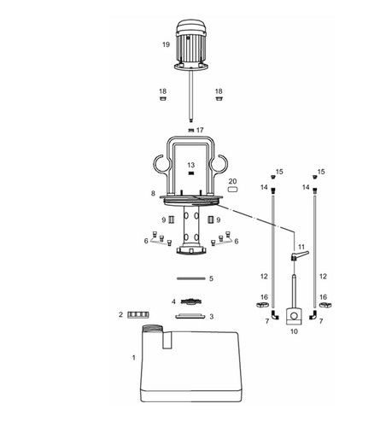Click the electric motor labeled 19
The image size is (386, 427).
click(191, 45)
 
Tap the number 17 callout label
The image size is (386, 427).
click(200, 130)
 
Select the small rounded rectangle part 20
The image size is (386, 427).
click(232, 189)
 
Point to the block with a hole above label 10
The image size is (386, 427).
click(294, 316)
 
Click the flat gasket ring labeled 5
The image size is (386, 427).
click(191, 278)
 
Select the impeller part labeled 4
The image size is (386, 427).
click(191, 301)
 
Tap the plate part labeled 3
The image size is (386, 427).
click(190, 316)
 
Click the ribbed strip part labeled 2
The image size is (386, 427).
click(138, 314)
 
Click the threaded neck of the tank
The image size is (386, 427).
click(152, 328)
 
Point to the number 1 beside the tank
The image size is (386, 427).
click(134, 358)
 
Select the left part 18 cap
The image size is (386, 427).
click(162, 98)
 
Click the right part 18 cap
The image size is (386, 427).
click(219, 98)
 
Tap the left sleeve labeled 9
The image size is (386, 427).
click(172, 220)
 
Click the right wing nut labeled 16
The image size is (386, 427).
click(326, 305)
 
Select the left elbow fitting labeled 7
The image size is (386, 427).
click(275, 315)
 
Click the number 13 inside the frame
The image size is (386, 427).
click(191, 165)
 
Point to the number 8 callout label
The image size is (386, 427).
click(153, 193)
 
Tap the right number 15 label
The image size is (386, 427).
click(321, 172)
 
